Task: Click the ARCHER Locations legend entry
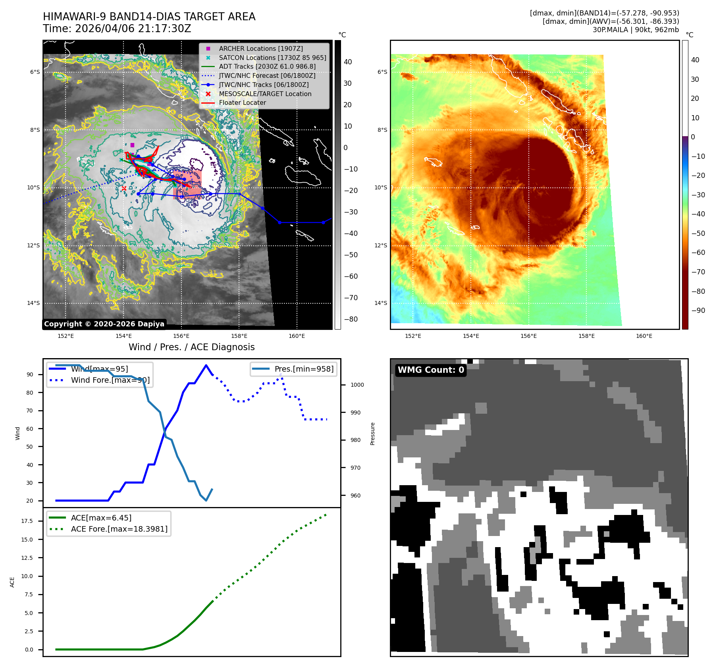click(260, 48)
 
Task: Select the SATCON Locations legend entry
click(272, 58)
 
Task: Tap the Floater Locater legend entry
click(242, 102)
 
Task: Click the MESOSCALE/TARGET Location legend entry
click(265, 94)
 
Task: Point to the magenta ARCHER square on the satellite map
click(132, 145)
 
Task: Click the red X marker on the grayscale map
click(124, 188)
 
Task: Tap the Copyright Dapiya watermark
click(104, 324)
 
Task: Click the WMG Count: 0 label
click(431, 370)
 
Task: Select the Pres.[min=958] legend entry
click(304, 369)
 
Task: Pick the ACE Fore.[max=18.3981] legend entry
click(119, 529)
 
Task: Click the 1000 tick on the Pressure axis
click(357, 385)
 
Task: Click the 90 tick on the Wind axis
click(30, 374)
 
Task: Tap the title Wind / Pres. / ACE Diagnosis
click(191, 347)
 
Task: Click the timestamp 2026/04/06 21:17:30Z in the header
click(133, 29)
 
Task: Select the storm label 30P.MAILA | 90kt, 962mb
click(635, 30)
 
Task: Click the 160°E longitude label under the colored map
click(644, 336)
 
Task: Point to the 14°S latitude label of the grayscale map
click(33, 303)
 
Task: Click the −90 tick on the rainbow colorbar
click(698, 310)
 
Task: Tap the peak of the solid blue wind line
click(206, 365)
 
